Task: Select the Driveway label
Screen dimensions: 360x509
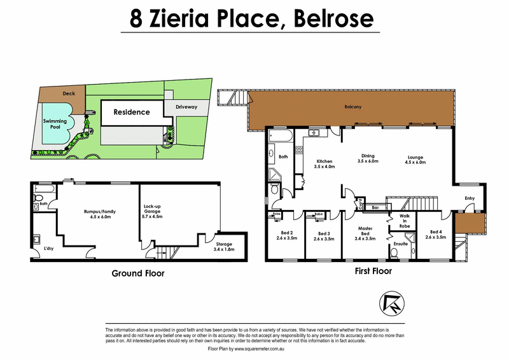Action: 186,107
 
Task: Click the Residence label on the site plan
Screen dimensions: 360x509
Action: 132,112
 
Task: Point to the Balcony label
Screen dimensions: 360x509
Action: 353,107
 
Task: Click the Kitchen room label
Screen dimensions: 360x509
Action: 324,165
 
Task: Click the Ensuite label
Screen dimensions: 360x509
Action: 400,243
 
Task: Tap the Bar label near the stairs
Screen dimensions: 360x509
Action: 375,207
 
